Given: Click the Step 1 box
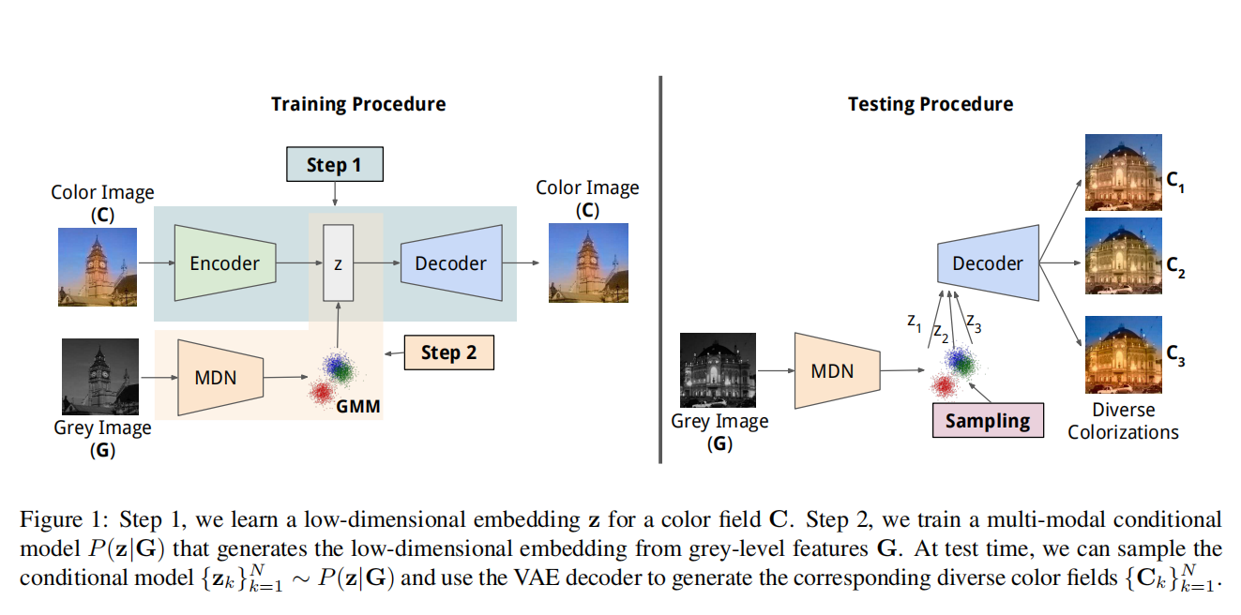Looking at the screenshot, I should point(334,166).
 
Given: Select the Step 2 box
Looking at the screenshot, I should point(448,352).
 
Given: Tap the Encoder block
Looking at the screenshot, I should point(224,263).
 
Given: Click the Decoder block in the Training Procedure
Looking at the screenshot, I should point(450,263).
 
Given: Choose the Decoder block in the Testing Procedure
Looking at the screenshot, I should point(988,263).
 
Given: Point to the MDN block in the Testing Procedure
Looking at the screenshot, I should point(833,371).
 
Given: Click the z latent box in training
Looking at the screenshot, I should point(338,263).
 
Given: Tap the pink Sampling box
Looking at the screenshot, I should point(987,421).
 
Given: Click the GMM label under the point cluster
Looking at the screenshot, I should point(358,408).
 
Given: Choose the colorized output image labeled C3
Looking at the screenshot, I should point(1123,354).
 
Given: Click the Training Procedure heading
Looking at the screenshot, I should point(358,104).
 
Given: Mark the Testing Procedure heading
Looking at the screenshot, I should point(931,104).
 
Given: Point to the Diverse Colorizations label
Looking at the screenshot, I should point(1123,421).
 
